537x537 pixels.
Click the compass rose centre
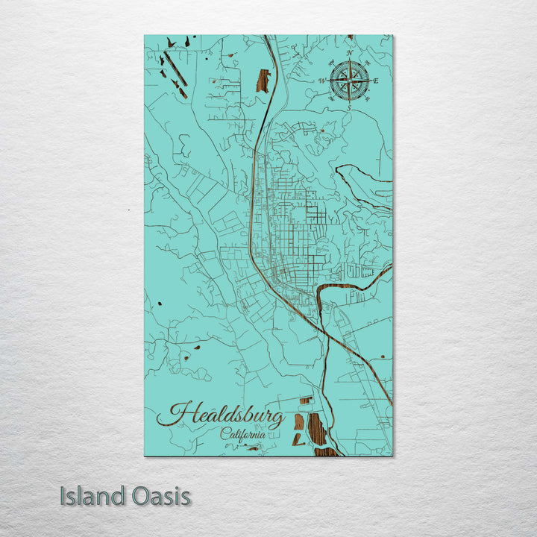(349, 79)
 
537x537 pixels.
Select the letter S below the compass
(349, 107)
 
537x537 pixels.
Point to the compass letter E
(376, 81)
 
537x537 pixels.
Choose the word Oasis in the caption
(158, 496)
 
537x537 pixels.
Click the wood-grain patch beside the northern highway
(263, 81)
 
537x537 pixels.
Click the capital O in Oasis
(136, 496)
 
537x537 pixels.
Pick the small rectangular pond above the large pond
(305, 401)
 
